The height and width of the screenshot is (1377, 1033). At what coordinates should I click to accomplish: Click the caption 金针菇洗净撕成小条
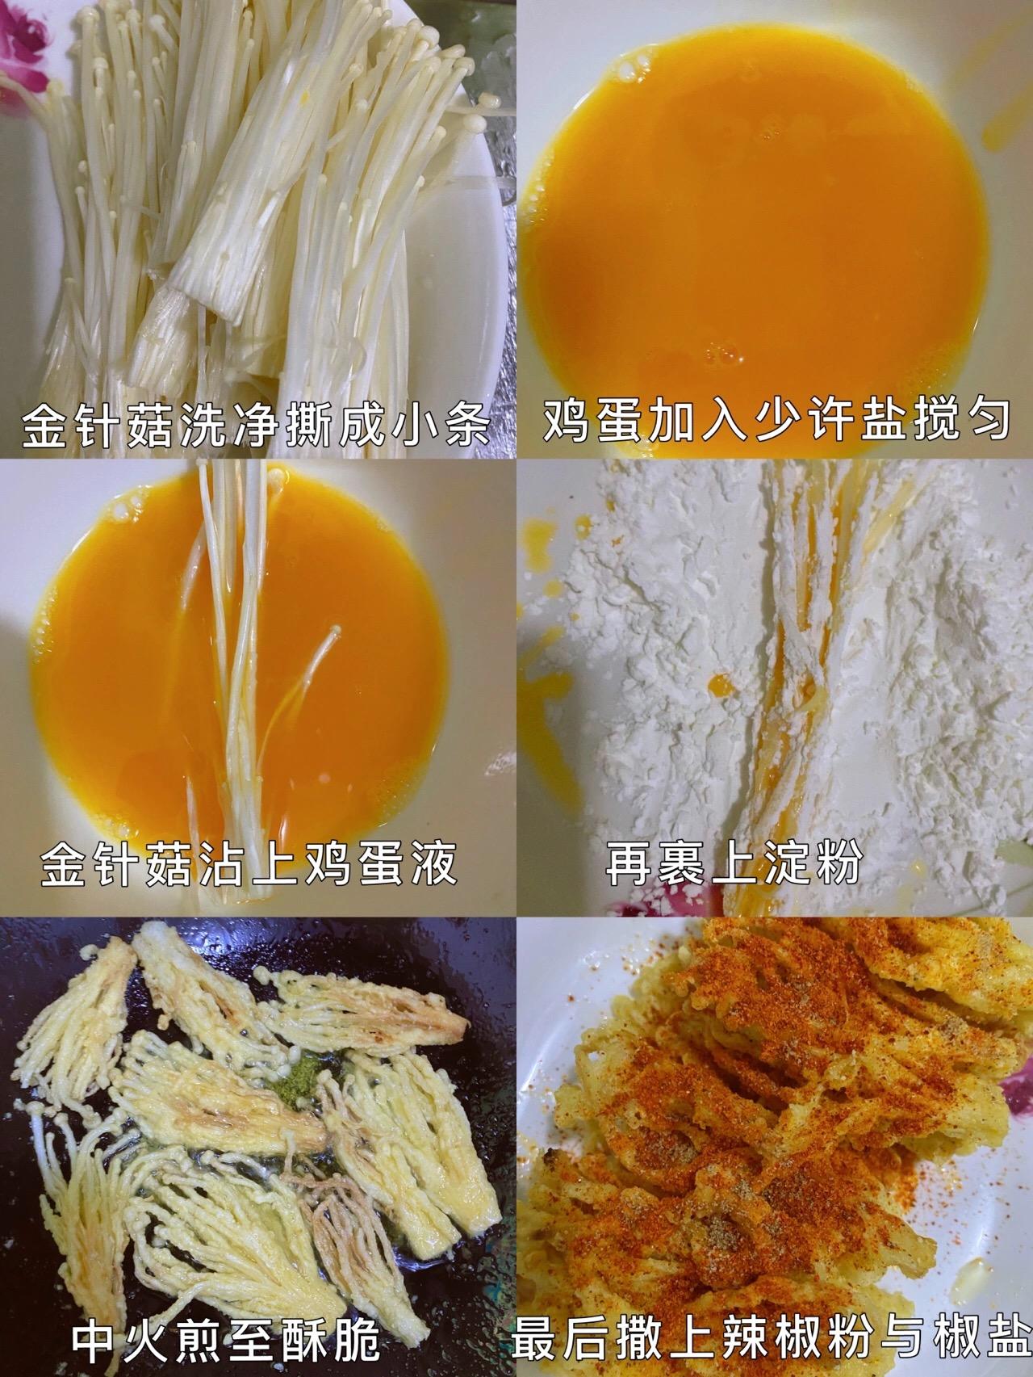[256, 423]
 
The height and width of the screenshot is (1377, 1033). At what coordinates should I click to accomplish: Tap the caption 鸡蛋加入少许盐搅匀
[775, 421]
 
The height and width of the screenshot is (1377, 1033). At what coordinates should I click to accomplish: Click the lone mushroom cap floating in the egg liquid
[334, 629]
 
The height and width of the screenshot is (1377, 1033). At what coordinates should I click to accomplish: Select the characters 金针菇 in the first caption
[93, 423]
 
